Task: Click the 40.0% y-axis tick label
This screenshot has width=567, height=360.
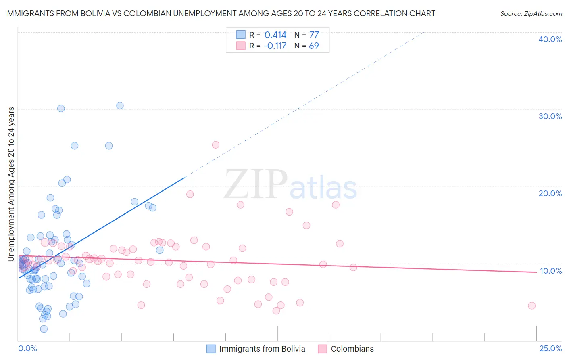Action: (x=550, y=39)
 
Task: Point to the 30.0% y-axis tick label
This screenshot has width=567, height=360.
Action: (x=550, y=116)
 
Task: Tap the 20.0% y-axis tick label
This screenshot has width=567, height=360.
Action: (x=550, y=193)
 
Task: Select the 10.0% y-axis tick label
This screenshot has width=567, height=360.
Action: (x=550, y=271)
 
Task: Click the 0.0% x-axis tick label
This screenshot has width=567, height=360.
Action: (x=27, y=348)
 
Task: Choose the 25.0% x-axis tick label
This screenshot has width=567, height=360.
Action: (x=550, y=348)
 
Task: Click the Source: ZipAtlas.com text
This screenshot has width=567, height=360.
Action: (x=531, y=14)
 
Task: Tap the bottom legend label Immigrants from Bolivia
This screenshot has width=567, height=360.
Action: (x=262, y=349)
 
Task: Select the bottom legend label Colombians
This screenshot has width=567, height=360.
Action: (x=352, y=349)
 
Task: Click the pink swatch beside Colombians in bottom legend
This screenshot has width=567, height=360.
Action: (x=322, y=349)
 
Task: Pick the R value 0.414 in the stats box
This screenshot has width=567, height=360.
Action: (x=275, y=35)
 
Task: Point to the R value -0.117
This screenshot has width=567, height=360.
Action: (x=275, y=46)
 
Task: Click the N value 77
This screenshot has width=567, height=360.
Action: (x=314, y=35)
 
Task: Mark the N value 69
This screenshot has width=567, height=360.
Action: (x=314, y=46)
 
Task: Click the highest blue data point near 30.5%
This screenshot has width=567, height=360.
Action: (x=120, y=105)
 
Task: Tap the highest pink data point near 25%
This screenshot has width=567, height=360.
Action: (x=216, y=144)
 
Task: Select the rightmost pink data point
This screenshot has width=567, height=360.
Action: (x=532, y=306)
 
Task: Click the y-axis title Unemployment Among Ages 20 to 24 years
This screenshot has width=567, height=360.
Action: (x=11, y=184)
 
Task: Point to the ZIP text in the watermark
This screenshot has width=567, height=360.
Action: (x=256, y=184)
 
